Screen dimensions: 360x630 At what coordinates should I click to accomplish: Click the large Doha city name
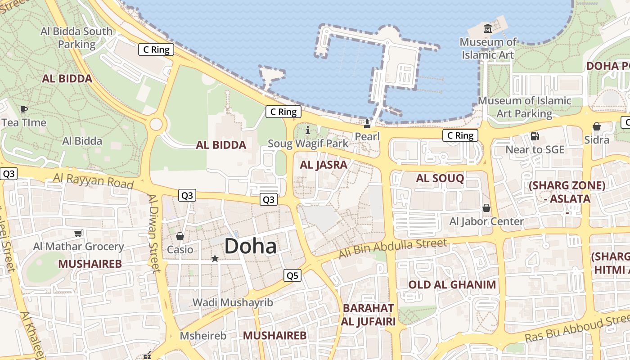click(x=250, y=247)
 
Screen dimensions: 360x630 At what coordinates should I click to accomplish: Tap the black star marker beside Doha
click(x=215, y=258)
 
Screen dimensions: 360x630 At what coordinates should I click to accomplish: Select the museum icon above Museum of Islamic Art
click(x=487, y=29)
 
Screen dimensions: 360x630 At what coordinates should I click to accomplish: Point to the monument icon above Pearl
click(x=367, y=124)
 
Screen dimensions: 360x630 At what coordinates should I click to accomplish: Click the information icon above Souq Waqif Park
click(x=308, y=130)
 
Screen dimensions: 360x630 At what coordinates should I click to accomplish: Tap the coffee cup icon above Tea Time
click(x=24, y=109)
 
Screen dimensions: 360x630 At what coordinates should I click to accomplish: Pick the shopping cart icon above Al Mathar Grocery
click(x=78, y=233)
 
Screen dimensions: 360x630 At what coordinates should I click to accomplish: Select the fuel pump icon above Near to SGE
click(x=535, y=136)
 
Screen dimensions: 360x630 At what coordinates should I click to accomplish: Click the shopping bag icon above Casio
click(x=180, y=236)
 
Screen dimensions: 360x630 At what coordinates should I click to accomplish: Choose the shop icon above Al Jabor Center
click(x=486, y=208)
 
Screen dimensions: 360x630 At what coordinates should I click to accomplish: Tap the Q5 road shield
click(x=292, y=275)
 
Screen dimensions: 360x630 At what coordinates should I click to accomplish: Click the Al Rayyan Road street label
click(x=94, y=181)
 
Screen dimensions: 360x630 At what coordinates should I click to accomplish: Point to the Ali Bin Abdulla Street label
click(x=393, y=248)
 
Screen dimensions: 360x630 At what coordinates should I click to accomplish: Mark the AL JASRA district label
click(x=324, y=165)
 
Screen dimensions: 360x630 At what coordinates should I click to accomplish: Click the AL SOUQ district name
click(x=440, y=178)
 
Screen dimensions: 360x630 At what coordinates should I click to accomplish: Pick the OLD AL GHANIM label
click(x=452, y=284)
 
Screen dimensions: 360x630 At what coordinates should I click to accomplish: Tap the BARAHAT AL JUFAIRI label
click(x=368, y=315)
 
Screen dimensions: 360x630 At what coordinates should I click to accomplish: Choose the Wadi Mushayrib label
click(x=233, y=302)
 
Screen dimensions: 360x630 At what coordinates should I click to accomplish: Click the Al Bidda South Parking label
click(x=76, y=38)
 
